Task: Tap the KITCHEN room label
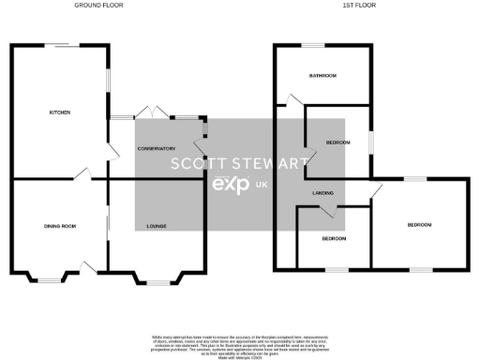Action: tap(60, 112)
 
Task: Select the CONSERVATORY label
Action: tap(157, 149)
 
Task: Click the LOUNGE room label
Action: tap(157, 227)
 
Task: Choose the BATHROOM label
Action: tap(322, 75)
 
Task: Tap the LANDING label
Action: tap(323, 193)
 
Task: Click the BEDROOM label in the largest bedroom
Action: tap(419, 225)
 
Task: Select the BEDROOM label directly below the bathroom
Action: tap(337, 142)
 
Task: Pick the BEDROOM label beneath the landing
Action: tap(333, 238)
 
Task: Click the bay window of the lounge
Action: tap(157, 279)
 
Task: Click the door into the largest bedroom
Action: tap(377, 191)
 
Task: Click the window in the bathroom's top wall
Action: tap(312, 45)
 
